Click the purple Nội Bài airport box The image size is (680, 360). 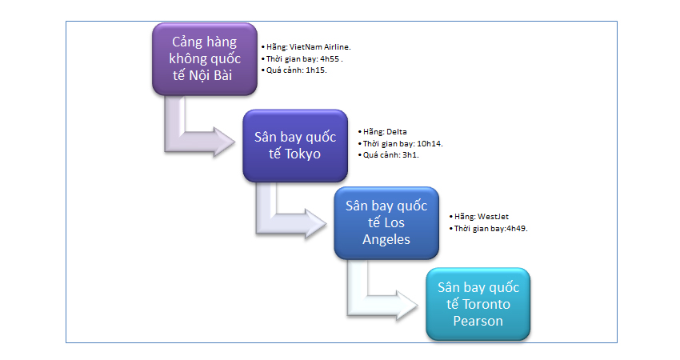coord(205,59)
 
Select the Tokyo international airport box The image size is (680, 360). coord(295,146)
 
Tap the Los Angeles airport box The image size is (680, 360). coord(386,223)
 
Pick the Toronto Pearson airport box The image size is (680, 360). coord(478,304)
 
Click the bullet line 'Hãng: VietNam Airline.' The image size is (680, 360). coord(306,47)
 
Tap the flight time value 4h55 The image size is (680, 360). coord(330,59)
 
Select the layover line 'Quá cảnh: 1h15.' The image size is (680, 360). coord(294,70)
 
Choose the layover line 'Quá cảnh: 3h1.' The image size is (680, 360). coord(389,155)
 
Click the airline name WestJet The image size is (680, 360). coord(493,217)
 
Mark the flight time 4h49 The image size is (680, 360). coord(516,229)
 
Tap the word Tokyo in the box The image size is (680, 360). coord(302,154)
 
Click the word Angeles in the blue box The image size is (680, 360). coord(386,239)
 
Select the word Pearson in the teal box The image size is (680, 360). coord(478,321)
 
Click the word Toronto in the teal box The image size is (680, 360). coord(486,304)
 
